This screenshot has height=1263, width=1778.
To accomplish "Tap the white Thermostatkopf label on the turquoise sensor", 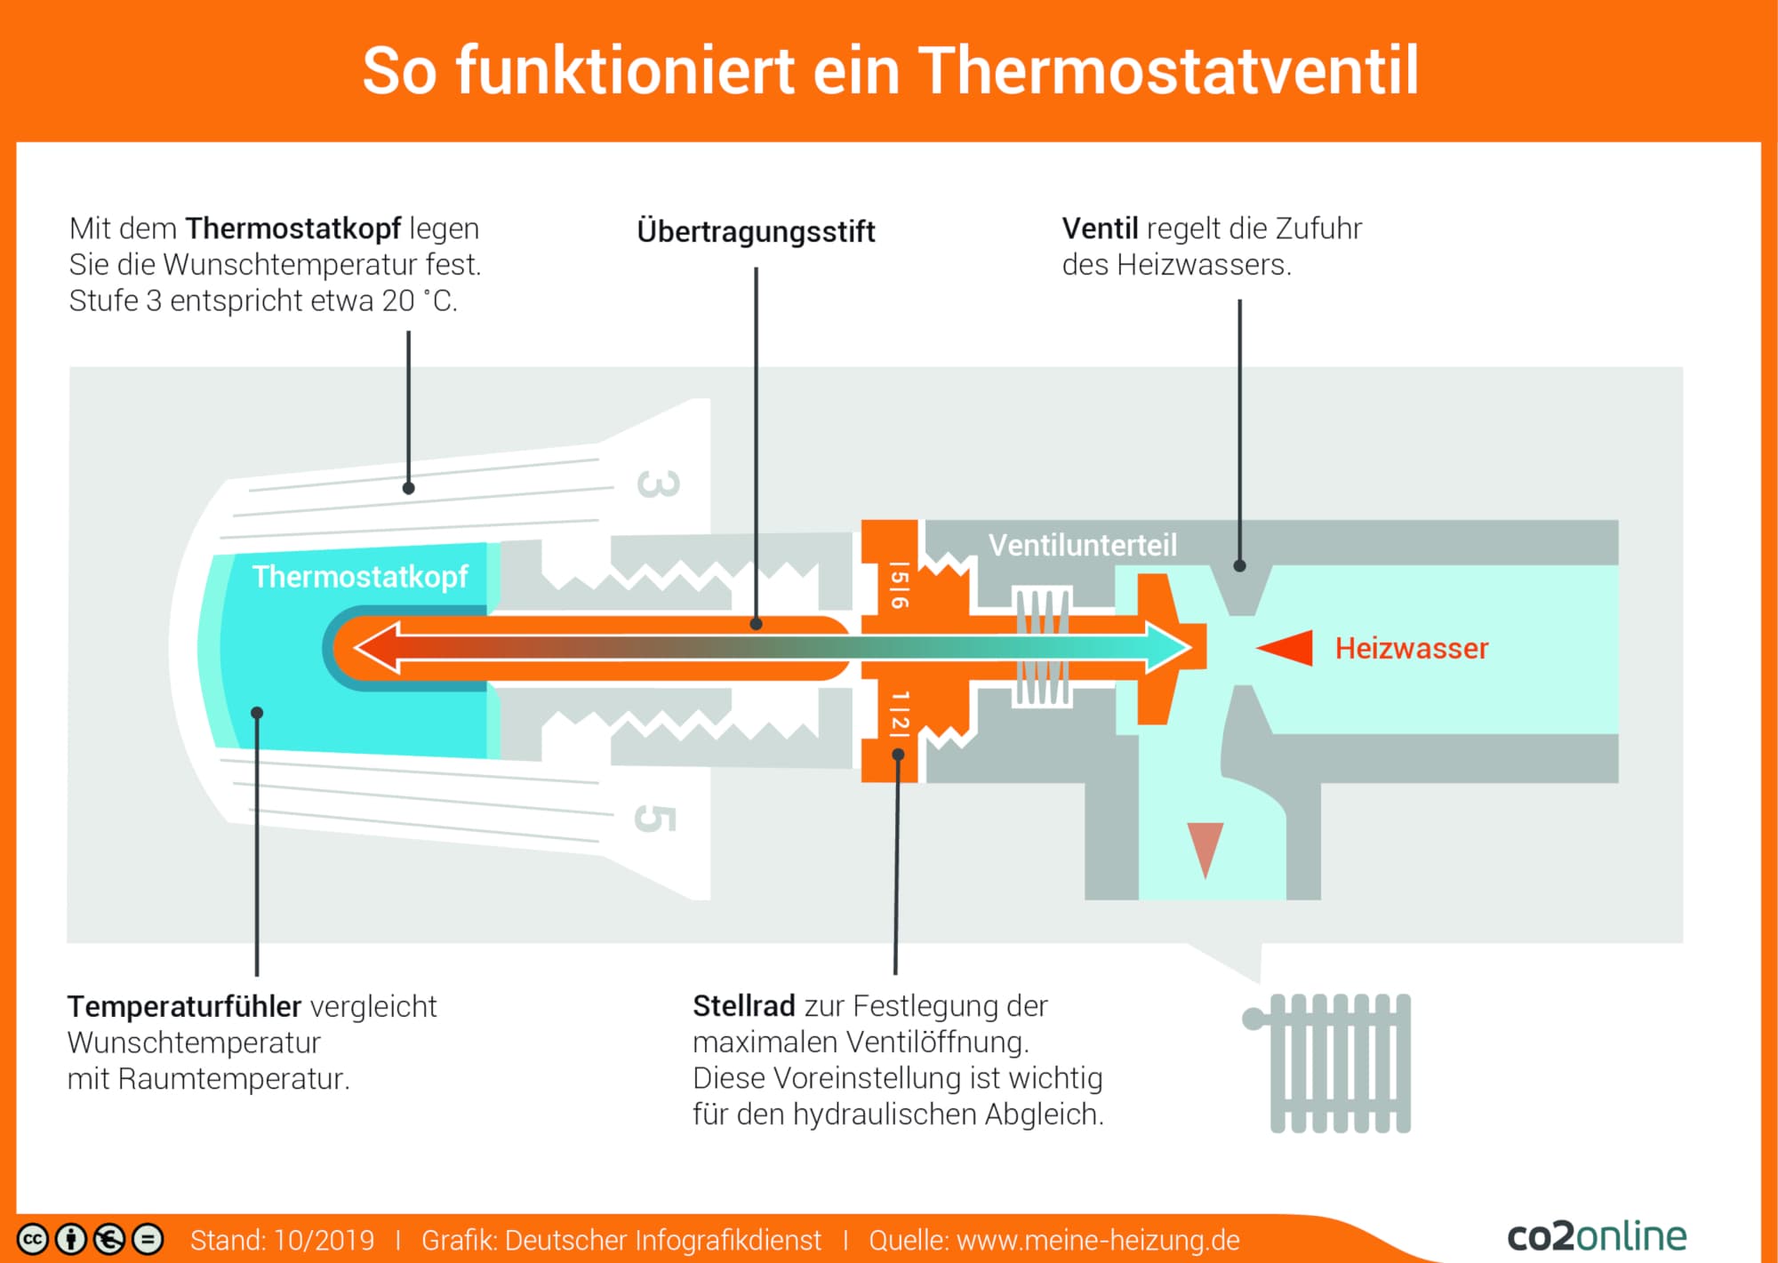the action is pos(360,576).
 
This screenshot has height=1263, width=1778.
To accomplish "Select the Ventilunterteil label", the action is pos(1083,545).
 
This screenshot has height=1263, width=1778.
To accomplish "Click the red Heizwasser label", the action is pos(1411,648).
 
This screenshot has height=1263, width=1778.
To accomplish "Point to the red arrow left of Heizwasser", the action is pos(1285,648).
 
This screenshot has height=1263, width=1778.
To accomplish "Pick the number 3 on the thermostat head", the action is pos(659,484).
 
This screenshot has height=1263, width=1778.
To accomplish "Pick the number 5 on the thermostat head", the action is pos(655,819).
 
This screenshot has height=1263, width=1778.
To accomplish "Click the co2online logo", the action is pos(1597,1235).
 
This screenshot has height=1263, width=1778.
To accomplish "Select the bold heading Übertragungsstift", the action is pos(756,231).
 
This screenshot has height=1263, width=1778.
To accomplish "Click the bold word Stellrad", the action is pos(744,1005).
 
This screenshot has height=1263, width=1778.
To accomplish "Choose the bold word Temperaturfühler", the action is pos(184,1006).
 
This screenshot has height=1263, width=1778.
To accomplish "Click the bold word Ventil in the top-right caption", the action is pos(1100,228).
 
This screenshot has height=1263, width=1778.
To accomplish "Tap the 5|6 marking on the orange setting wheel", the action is pos(900,585).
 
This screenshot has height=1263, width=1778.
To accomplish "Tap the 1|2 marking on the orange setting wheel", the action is pos(900,714).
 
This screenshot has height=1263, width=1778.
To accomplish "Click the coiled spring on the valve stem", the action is pos(1043,646).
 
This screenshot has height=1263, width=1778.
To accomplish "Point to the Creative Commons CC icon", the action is pos(33,1239).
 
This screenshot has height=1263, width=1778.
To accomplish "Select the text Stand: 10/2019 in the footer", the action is pos(282,1240).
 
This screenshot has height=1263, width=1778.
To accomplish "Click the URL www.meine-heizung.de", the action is pos(1098,1240).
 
